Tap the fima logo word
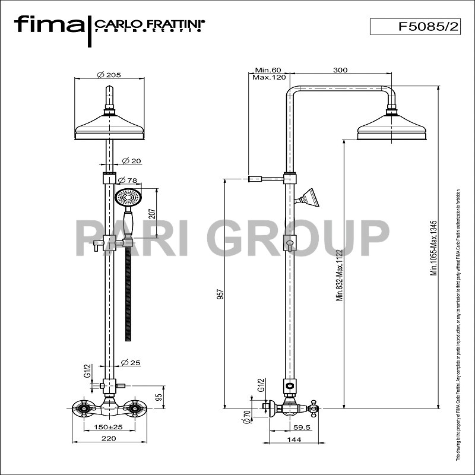[49, 25]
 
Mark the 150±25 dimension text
[107, 427]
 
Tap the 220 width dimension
[107, 439]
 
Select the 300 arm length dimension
[340, 70]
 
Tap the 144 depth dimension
[294, 439]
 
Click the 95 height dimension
[159, 397]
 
